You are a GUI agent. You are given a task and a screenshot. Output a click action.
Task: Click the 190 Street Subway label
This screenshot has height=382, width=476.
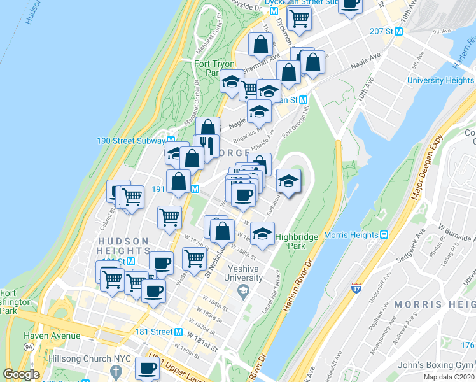[130, 141]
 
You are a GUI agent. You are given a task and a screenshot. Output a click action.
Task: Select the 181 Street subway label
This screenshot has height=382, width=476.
[154, 332]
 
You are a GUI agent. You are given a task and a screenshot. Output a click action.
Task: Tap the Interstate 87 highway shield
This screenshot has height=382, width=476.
[356, 288]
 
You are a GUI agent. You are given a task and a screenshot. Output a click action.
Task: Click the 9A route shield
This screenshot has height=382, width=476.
[29, 347]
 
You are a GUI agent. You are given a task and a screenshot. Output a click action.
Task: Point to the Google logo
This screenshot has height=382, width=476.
[21, 374]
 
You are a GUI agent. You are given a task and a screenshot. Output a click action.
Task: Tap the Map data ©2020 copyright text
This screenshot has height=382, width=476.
[449, 377]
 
